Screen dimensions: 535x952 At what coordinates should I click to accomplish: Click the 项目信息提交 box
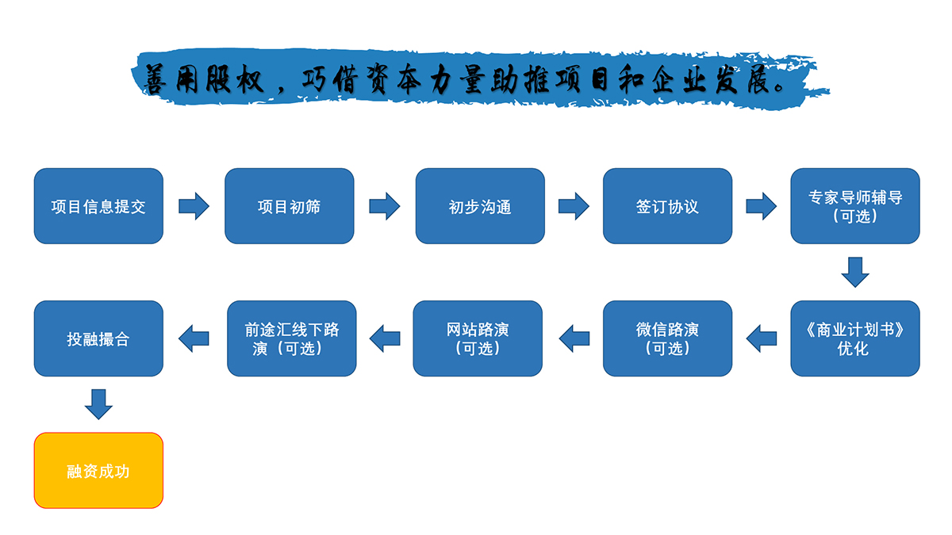point(98,206)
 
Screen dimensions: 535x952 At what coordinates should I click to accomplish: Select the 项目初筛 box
point(289,206)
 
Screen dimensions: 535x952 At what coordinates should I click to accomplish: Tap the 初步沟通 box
point(480,206)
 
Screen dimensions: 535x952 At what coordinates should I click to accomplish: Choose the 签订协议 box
point(667,206)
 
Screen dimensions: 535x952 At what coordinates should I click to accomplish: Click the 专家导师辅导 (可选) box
point(855,206)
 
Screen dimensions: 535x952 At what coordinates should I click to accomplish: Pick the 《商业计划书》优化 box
point(855,338)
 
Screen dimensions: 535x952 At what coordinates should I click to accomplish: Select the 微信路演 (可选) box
point(667,338)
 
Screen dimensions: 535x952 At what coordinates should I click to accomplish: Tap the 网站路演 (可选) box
point(478,338)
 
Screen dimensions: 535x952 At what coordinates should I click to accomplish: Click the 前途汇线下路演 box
point(291,338)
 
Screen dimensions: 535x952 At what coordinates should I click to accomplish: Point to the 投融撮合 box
point(98,338)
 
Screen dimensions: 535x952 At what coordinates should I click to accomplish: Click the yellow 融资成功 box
point(98,470)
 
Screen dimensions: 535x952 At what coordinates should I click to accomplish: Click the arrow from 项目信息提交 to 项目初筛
point(194,207)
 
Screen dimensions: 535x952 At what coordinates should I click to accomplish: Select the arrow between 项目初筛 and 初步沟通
point(385,207)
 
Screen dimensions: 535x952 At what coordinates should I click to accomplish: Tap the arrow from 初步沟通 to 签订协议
point(574,207)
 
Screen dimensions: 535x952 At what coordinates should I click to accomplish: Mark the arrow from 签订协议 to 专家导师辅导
point(762,207)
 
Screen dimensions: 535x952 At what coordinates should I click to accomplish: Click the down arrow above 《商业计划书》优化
point(855,272)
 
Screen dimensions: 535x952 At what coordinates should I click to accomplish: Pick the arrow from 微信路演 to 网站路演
point(574,338)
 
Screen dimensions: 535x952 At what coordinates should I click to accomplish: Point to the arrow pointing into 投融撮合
point(194,338)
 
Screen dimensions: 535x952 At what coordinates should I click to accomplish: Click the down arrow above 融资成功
point(98,403)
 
